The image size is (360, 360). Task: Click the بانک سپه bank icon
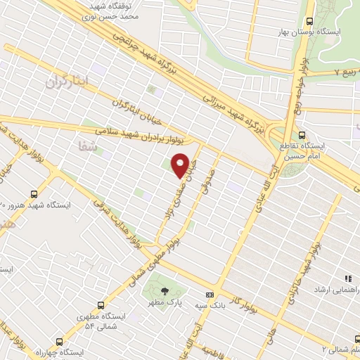tap(209, 295)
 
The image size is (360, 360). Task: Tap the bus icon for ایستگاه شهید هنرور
tap(34, 193)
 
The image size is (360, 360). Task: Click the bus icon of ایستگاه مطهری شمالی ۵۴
tap(101, 305)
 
